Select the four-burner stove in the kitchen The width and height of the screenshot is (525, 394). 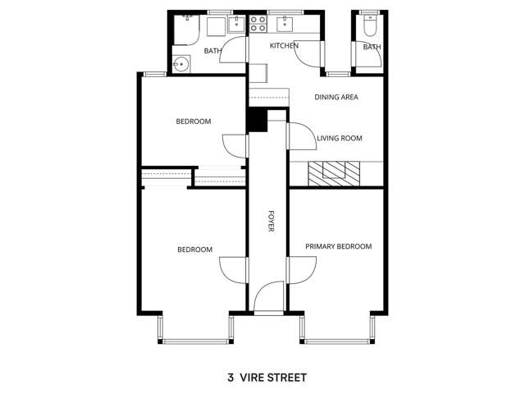pos(258,25)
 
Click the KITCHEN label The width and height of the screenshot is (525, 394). pos(284,46)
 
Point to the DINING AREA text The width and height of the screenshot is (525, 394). pos(336,97)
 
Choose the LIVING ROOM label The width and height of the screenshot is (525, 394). pos(340,139)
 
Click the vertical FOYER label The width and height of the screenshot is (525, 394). pos(271,221)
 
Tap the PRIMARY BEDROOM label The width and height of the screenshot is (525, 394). pos(338,246)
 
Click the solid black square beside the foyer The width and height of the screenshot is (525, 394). pos(258,121)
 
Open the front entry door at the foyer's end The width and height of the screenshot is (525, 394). pos(268,300)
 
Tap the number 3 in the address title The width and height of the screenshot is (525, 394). pos(231,378)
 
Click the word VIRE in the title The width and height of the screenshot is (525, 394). pos(256,378)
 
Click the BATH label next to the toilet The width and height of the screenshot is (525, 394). pos(372,48)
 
